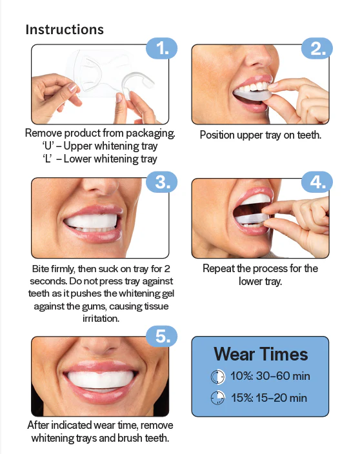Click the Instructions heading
point(65,30)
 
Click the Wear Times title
point(261,354)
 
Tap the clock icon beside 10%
point(217,377)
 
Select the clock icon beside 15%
point(217,398)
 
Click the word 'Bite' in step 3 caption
point(42,268)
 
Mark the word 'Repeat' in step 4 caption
point(219,268)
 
